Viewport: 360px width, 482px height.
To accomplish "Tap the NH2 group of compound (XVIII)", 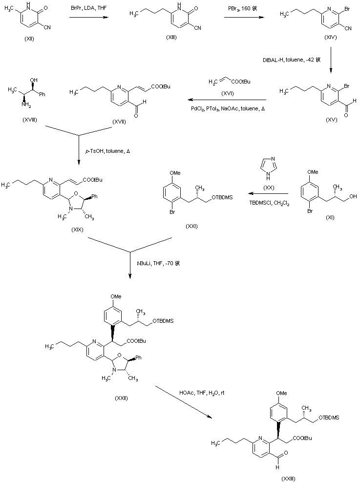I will pyautogui.click(x=14, y=102).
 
